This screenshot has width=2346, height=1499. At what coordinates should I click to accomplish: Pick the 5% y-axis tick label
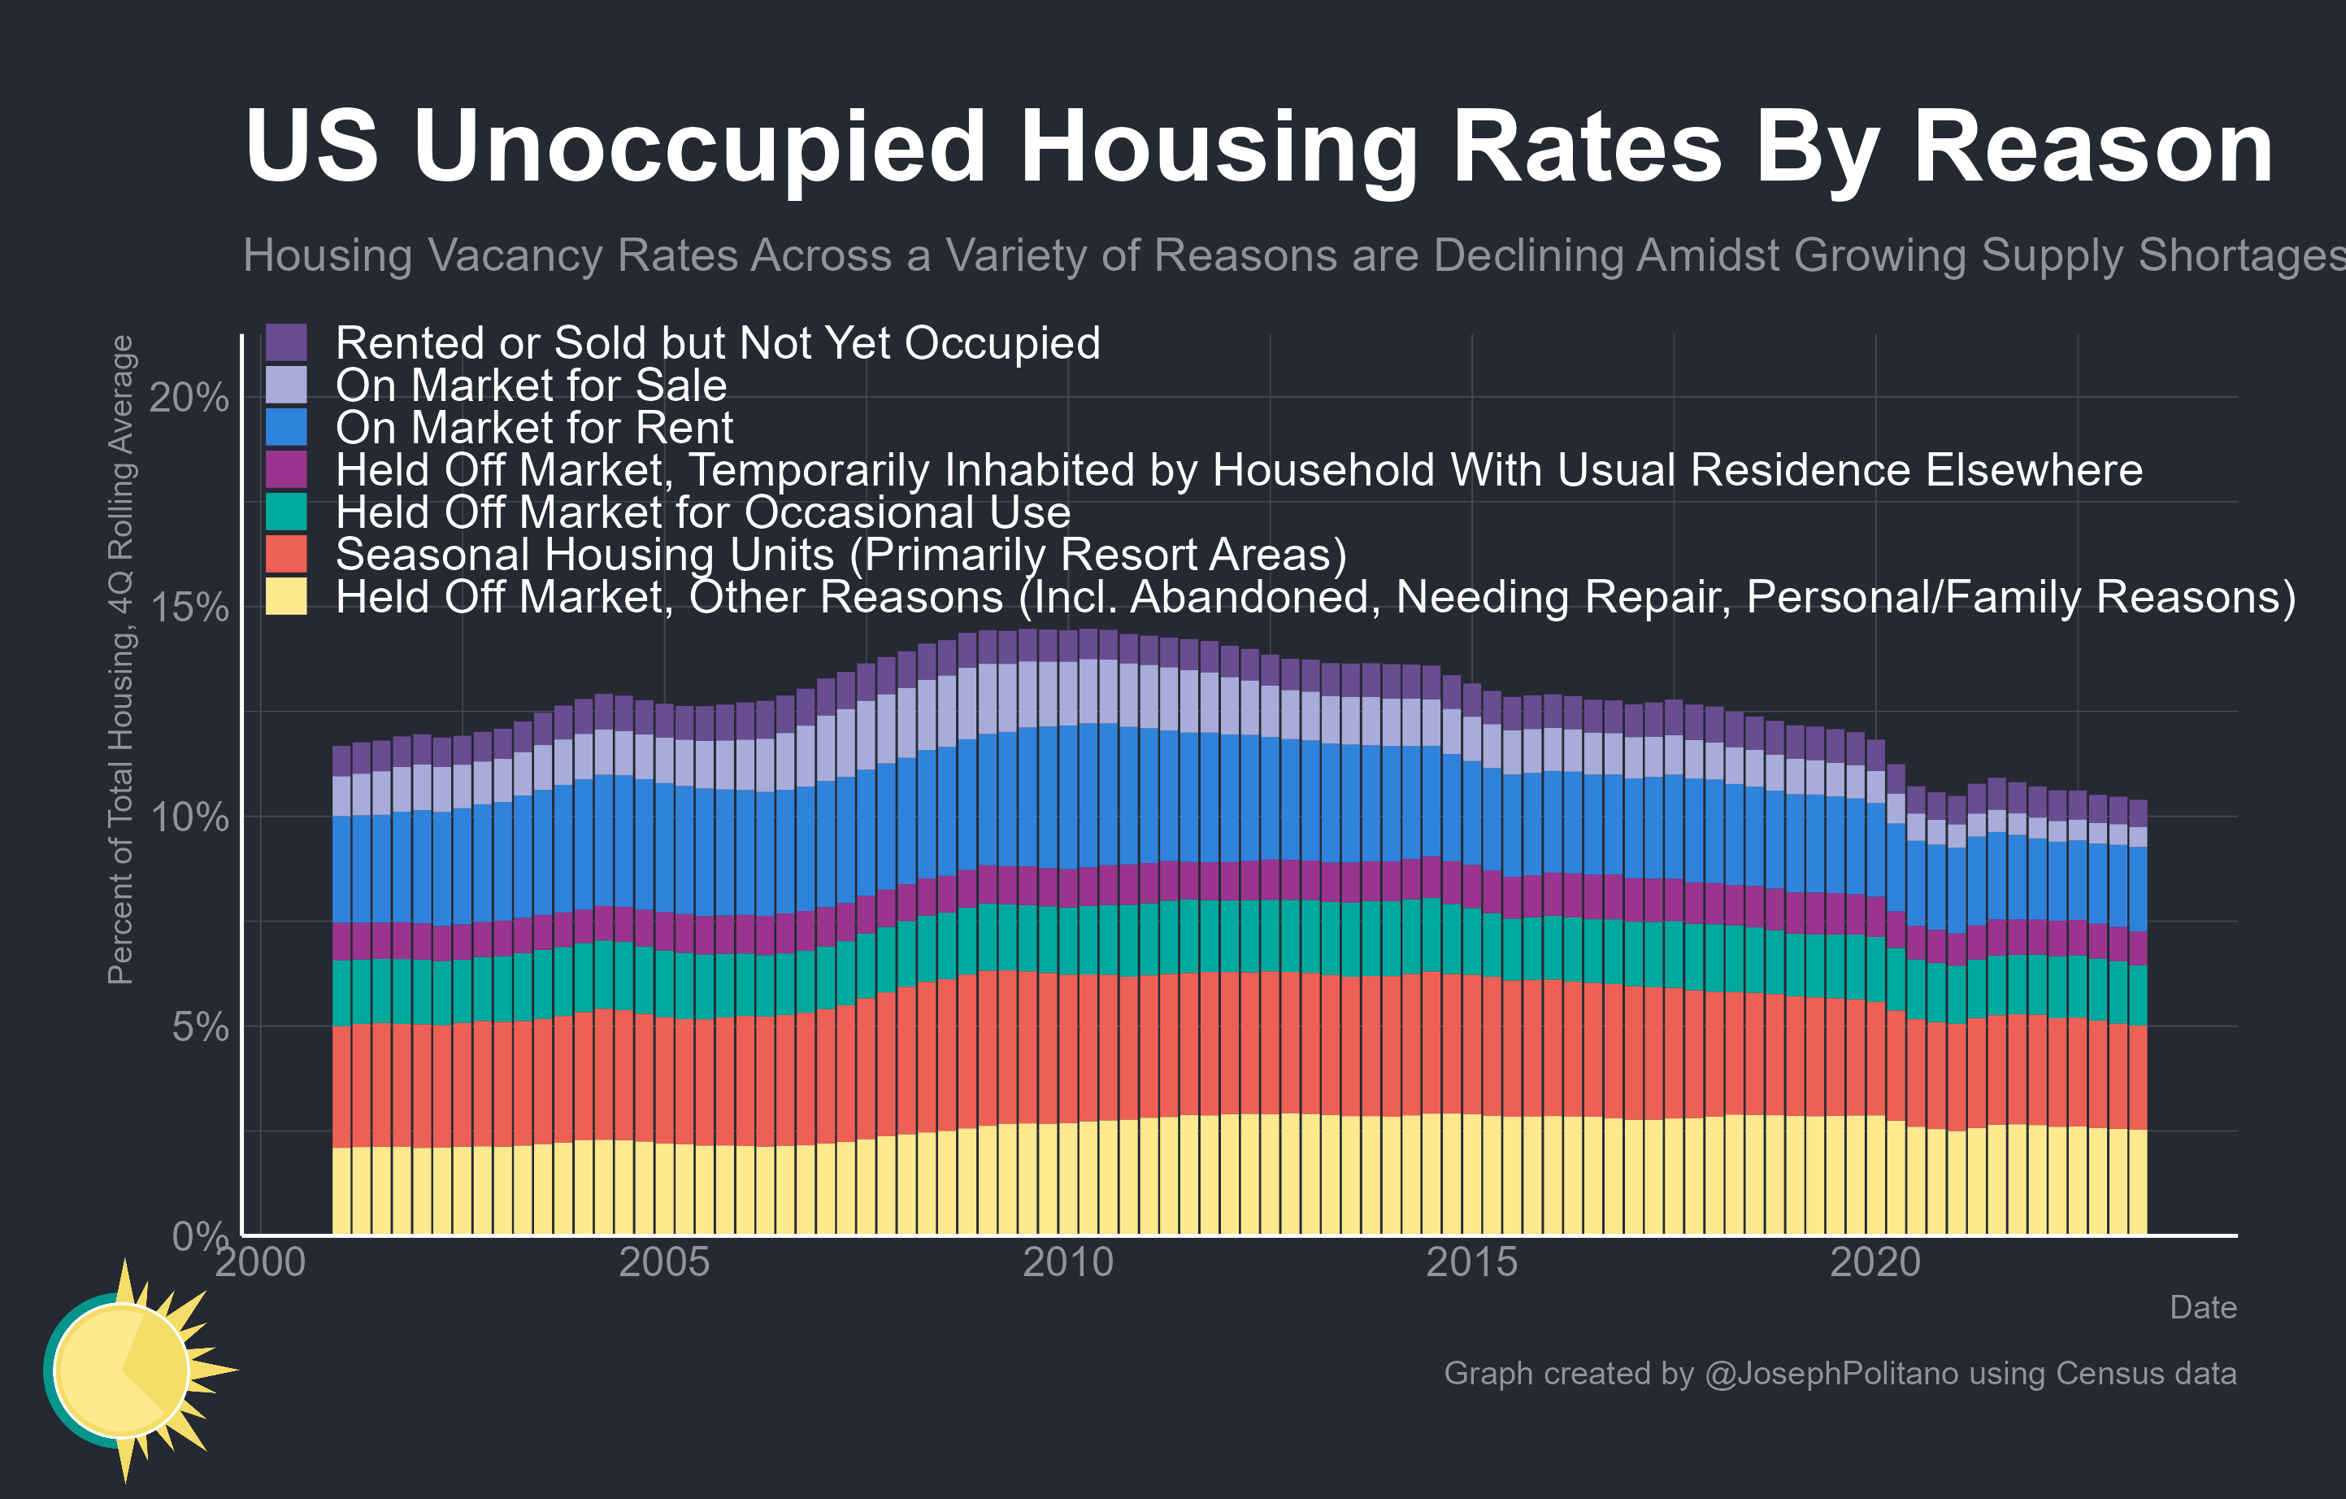click(x=200, y=1026)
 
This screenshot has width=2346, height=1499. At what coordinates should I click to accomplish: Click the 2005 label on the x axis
click(x=664, y=1262)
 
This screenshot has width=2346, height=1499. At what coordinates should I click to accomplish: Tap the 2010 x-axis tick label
click(x=1068, y=1262)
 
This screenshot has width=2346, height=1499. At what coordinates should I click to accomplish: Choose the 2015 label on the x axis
click(x=1471, y=1262)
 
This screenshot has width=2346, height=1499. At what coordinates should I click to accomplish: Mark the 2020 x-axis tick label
click(x=1875, y=1262)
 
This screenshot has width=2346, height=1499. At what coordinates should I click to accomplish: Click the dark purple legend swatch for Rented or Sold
click(x=286, y=343)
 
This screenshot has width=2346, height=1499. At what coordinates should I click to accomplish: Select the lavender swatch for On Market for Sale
click(x=286, y=385)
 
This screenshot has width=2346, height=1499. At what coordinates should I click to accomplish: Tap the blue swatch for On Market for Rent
click(x=286, y=427)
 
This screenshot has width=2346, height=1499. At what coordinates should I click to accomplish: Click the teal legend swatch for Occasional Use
click(x=286, y=512)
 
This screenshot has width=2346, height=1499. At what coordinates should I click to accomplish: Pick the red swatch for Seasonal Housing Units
click(x=286, y=554)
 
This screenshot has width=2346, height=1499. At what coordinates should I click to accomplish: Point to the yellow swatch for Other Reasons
click(x=286, y=596)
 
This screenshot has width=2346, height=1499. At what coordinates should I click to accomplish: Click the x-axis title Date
click(x=2202, y=1307)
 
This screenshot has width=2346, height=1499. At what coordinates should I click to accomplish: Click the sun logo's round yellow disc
click(x=122, y=1370)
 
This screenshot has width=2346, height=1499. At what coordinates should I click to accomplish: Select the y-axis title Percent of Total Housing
click(x=121, y=659)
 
